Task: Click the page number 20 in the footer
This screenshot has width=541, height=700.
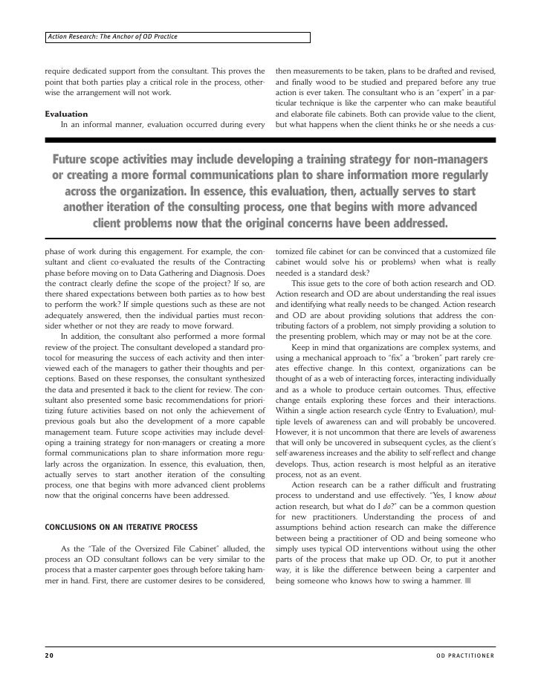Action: coord(48,656)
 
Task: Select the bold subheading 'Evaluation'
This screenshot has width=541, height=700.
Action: coord(66,114)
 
